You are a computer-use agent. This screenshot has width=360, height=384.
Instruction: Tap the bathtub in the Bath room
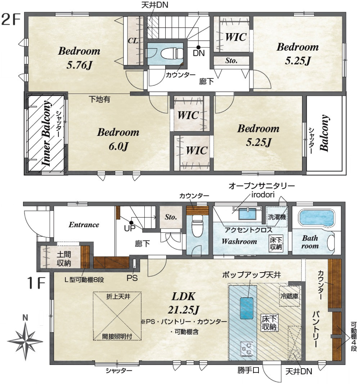[x=316, y=218]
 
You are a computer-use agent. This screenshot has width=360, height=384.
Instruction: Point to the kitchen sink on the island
[x=247, y=308]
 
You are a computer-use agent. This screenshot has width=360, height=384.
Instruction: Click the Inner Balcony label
[x=46, y=133]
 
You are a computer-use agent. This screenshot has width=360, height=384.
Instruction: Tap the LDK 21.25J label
[x=184, y=303]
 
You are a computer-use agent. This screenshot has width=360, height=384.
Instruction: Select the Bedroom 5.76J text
[x=79, y=58]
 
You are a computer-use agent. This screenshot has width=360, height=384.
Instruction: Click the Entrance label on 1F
[x=84, y=225]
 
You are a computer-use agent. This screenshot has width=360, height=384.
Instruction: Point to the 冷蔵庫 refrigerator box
[x=289, y=296]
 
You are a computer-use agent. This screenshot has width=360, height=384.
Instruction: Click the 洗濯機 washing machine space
[x=276, y=216]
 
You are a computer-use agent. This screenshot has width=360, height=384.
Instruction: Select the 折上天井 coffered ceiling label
[x=118, y=297]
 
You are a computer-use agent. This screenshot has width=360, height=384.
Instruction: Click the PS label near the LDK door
[x=132, y=278]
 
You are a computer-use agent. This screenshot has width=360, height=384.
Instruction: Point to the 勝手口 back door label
[x=248, y=370]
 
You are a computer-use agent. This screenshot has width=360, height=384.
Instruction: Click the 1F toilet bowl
[x=197, y=227]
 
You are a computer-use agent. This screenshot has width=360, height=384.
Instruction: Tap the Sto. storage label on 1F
[x=171, y=217]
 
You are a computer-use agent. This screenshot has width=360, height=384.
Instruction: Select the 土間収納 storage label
[x=64, y=259]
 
